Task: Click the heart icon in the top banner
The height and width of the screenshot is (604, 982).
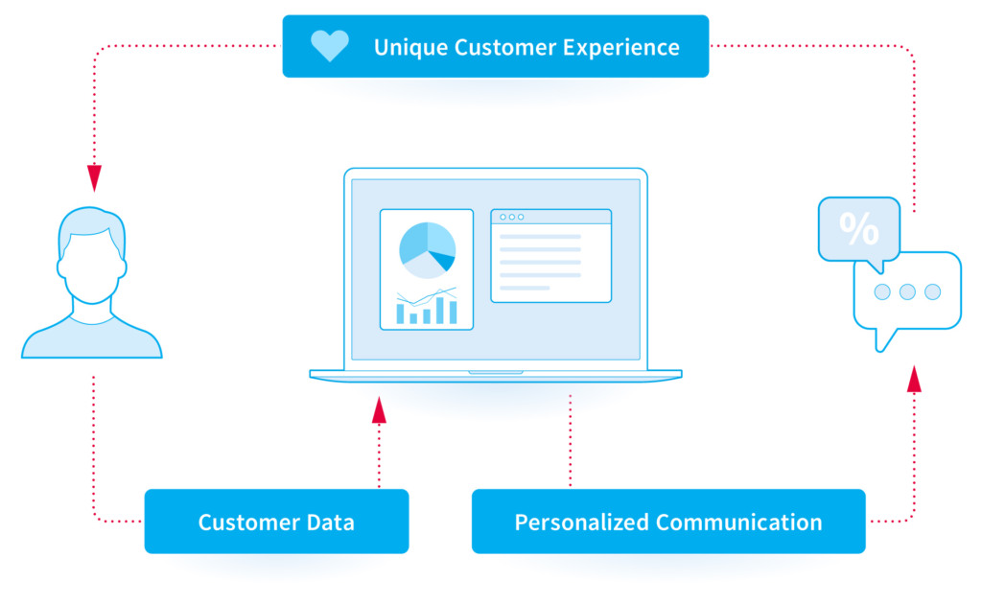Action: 330,46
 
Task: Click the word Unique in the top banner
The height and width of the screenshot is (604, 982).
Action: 409,48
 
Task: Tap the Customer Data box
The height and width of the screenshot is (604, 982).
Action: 276,522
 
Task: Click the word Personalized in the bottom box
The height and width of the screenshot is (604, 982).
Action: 581,522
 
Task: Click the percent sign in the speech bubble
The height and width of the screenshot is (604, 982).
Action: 858,228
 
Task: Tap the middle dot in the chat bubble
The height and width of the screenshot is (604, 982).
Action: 907,291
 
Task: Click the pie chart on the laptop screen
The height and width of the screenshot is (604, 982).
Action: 427,250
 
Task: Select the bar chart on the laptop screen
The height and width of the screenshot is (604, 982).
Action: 427,307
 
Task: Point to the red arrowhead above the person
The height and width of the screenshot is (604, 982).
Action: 94,177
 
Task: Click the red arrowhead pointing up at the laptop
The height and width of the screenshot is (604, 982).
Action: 379,409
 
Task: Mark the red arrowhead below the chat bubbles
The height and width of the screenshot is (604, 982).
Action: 914,380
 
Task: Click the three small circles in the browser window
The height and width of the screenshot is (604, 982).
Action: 512,218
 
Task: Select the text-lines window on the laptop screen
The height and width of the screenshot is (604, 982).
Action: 551,255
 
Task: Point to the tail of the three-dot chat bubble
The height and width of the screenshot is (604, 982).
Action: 883,340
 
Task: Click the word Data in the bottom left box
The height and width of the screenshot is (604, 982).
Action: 330,522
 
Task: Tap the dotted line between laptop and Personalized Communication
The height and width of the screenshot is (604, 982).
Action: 570,441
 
